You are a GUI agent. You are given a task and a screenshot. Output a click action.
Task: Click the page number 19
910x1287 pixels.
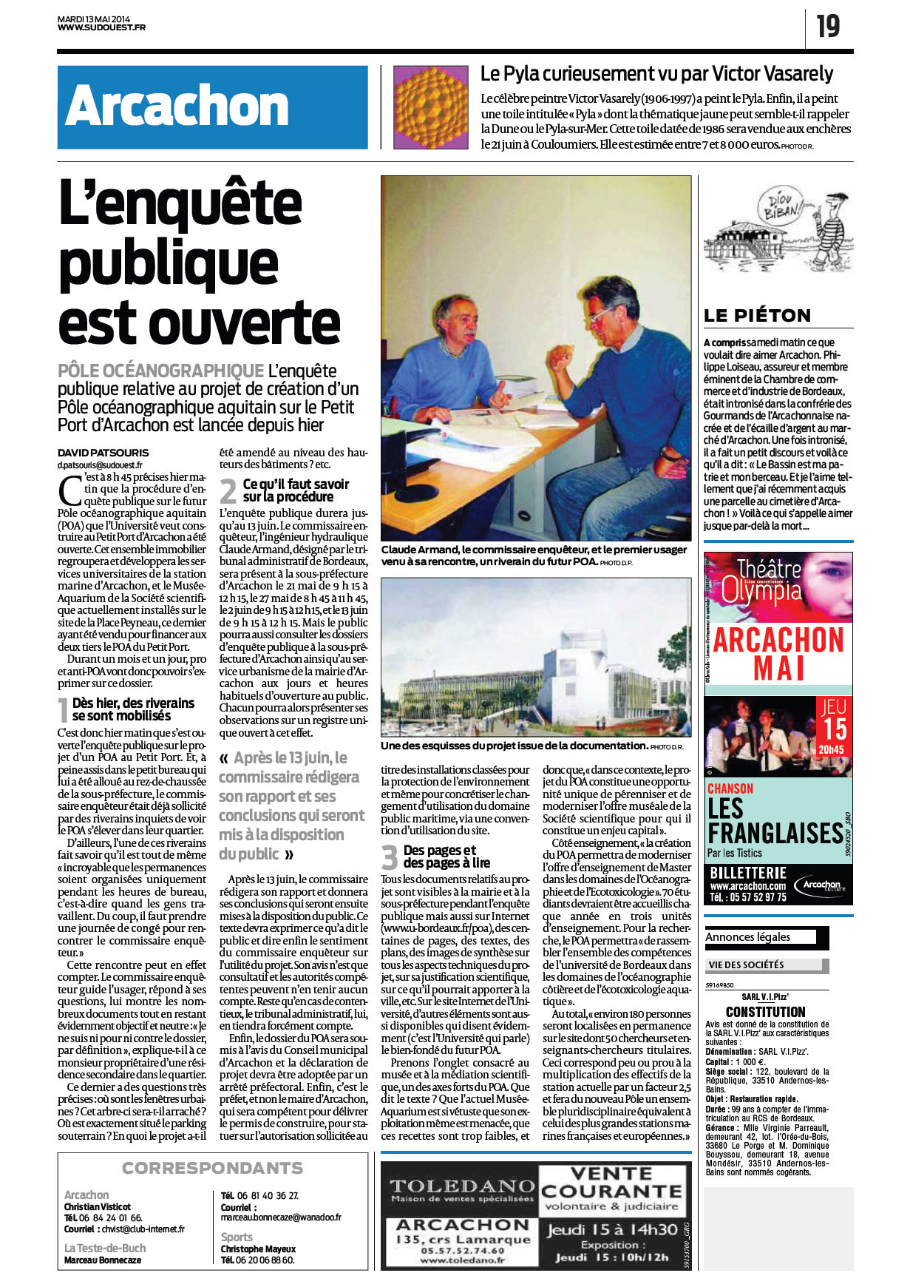point(828,27)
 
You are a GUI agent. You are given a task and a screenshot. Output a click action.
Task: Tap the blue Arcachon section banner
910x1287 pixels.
point(212,107)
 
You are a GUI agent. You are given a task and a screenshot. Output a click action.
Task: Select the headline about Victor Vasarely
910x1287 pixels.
point(656,74)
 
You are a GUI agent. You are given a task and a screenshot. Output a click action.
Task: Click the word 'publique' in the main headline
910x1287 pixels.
point(169,264)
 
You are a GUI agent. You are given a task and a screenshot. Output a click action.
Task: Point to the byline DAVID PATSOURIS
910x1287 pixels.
point(103,453)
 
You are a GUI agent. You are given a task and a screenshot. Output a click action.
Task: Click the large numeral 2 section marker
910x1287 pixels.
point(228,491)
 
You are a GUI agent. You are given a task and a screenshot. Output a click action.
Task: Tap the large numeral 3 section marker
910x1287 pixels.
point(390,857)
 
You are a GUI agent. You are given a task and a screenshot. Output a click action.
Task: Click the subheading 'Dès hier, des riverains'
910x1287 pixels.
point(133,703)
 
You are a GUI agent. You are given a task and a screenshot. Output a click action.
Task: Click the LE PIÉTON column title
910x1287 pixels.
point(758,316)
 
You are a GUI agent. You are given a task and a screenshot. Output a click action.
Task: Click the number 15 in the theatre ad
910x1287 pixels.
point(835,729)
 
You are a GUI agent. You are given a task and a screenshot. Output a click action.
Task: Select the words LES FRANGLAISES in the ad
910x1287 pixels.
point(775,821)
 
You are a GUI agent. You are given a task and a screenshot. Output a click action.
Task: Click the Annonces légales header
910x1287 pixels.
point(747,937)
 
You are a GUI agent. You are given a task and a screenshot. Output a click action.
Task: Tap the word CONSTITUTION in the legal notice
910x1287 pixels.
point(765,1012)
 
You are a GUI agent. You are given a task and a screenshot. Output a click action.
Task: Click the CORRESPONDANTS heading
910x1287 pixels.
point(212,1168)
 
